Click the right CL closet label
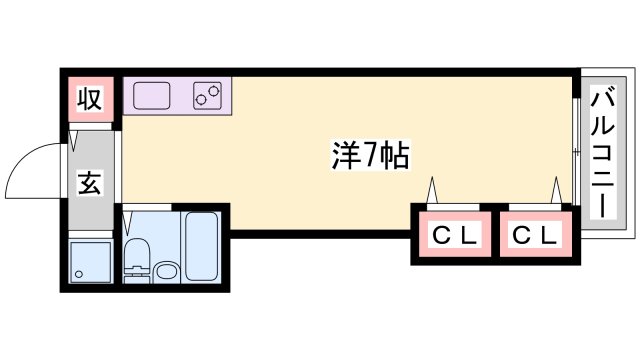coord(536,236)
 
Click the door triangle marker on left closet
coord(433,189)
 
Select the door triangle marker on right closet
coord(555,189)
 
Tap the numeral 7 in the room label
coord(369,154)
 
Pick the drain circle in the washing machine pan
coord(79,274)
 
